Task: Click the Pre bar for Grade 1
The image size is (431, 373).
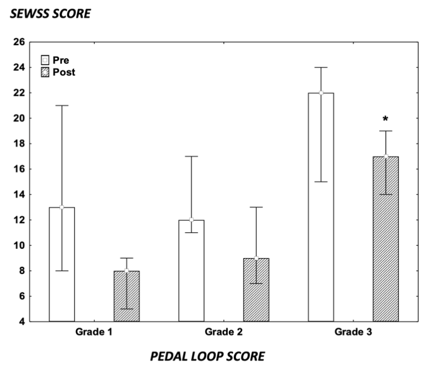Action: point(62,264)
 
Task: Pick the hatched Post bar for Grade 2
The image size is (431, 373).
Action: point(256,289)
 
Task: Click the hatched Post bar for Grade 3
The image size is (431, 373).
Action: point(386,239)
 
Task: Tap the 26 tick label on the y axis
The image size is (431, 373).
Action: point(20,42)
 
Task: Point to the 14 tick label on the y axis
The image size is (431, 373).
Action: point(20,194)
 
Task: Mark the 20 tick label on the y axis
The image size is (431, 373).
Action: point(20,118)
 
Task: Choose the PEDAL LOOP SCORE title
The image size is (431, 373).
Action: point(207,356)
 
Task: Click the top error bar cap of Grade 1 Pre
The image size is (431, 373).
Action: point(62,106)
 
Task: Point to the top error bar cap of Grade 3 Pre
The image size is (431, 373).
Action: point(321,68)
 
